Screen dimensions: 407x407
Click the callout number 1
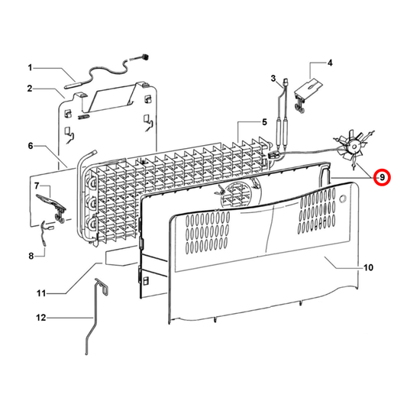tap(30, 68)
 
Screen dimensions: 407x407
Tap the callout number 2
tap(30, 89)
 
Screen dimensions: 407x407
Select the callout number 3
tap(273, 78)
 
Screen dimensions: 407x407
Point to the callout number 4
tap(330, 63)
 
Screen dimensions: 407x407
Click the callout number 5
tap(264, 121)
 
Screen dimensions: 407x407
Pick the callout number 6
tap(31, 146)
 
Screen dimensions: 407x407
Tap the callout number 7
tap(37, 186)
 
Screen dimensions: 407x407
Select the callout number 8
tap(31, 257)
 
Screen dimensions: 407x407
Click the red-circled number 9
tap(382, 178)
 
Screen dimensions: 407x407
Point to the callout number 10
tap(368, 267)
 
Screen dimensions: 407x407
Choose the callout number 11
tap(41, 293)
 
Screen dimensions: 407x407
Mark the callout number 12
tap(40, 318)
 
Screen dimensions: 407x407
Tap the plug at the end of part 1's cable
tap(145, 57)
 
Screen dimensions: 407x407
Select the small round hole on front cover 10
tap(343, 199)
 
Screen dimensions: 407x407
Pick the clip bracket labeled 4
tap(308, 95)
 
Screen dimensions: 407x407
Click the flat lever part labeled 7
tap(51, 206)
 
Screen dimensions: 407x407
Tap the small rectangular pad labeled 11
tap(121, 257)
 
